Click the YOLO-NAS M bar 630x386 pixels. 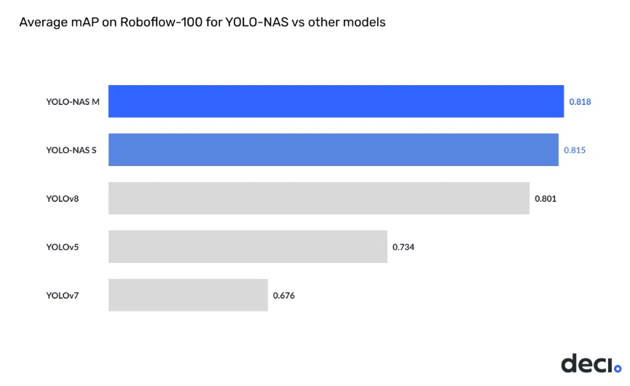(x=336, y=101)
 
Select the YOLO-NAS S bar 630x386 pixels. (x=334, y=150)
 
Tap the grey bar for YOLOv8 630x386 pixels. (x=319, y=198)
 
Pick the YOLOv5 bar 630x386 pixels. (x=248, y=247)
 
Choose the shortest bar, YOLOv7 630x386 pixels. (x=188, y=295)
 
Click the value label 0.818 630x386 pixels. (x=580, y=102)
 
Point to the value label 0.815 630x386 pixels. (x=575, y=150)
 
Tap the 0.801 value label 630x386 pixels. (x=546, y=198)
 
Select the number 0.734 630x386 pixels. (x=403, y=247)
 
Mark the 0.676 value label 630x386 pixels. (x=283, y=296)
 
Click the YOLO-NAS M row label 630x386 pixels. (x=73, y=102)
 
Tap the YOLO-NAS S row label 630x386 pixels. (x=71, y=150)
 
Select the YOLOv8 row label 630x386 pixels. (x=63, y=198)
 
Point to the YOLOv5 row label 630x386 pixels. (x=63, y=247)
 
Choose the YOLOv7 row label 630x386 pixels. (x=63, y=296)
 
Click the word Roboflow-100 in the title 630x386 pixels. (x=161, y=22)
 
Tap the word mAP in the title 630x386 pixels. (x=84, y=22)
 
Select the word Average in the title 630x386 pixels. (x=44, y=22)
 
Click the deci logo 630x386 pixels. (x=591, y=363)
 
